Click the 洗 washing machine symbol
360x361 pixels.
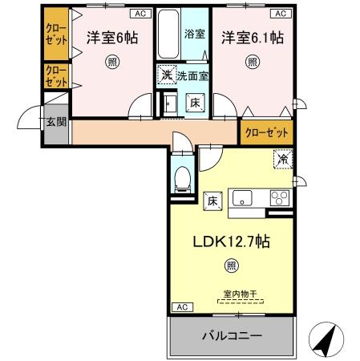(x=165, y=75)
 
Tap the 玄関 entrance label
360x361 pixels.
(x=55, y=122)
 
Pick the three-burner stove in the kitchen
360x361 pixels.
(x=280, y=198)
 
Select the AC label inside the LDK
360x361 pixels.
(x=182, y=307)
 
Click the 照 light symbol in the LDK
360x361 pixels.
(x=231, y=265)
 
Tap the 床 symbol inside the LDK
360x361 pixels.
(x=212, y=200)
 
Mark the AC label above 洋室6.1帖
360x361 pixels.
(x=282, y=14)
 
